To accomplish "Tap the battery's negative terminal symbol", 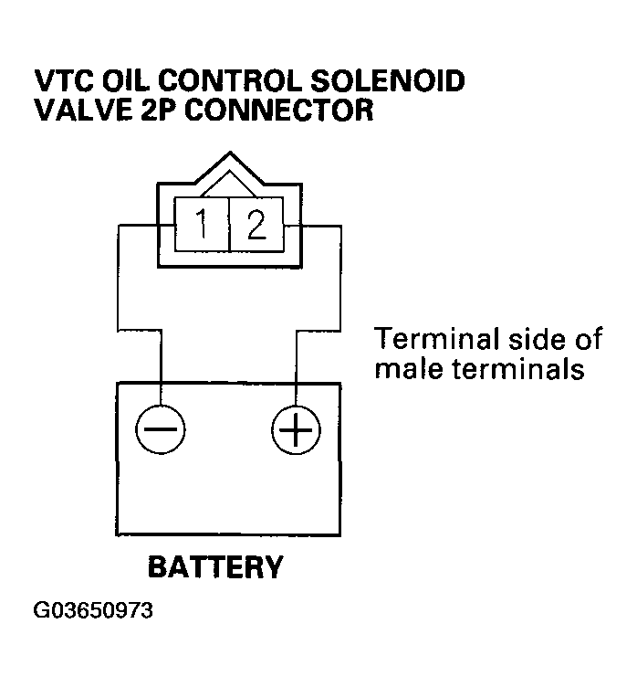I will click(160, 428).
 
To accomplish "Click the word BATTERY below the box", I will click(215, 567).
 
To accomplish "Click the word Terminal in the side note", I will click(427, 340).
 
